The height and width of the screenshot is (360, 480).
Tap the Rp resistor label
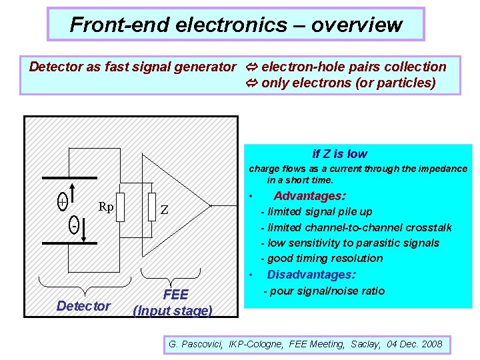105,207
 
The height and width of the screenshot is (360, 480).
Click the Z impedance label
164,209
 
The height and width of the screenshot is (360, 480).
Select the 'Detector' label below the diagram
83,306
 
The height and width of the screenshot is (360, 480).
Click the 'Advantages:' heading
309,196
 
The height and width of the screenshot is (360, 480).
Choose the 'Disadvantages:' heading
311,275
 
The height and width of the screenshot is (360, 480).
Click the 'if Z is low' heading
339,154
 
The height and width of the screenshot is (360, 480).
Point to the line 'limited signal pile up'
320,212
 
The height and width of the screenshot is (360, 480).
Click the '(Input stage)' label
173,311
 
